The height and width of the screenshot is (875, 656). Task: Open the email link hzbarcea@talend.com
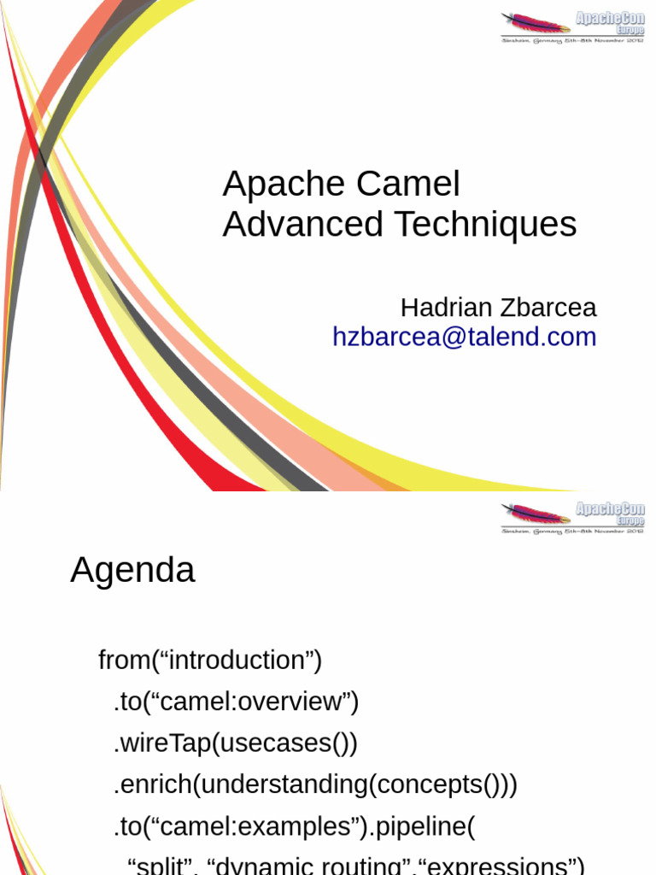coord(464,337)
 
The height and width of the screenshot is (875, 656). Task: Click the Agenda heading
coord(132,571)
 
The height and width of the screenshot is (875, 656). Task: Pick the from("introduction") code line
coord(210,661)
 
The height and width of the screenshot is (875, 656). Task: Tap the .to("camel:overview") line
coord(236,702)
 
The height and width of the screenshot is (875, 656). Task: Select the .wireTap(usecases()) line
coord(235,743)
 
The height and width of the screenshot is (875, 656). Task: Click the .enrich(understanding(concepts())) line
coord(315,784)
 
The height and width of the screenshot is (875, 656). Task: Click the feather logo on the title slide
coord(536,24)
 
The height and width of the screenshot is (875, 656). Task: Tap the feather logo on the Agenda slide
coord(536,514)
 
